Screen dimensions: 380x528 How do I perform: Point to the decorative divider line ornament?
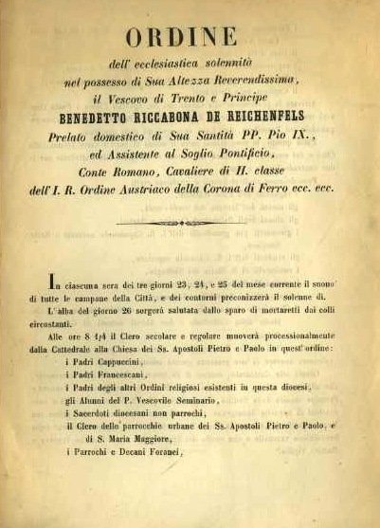(189, 224)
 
